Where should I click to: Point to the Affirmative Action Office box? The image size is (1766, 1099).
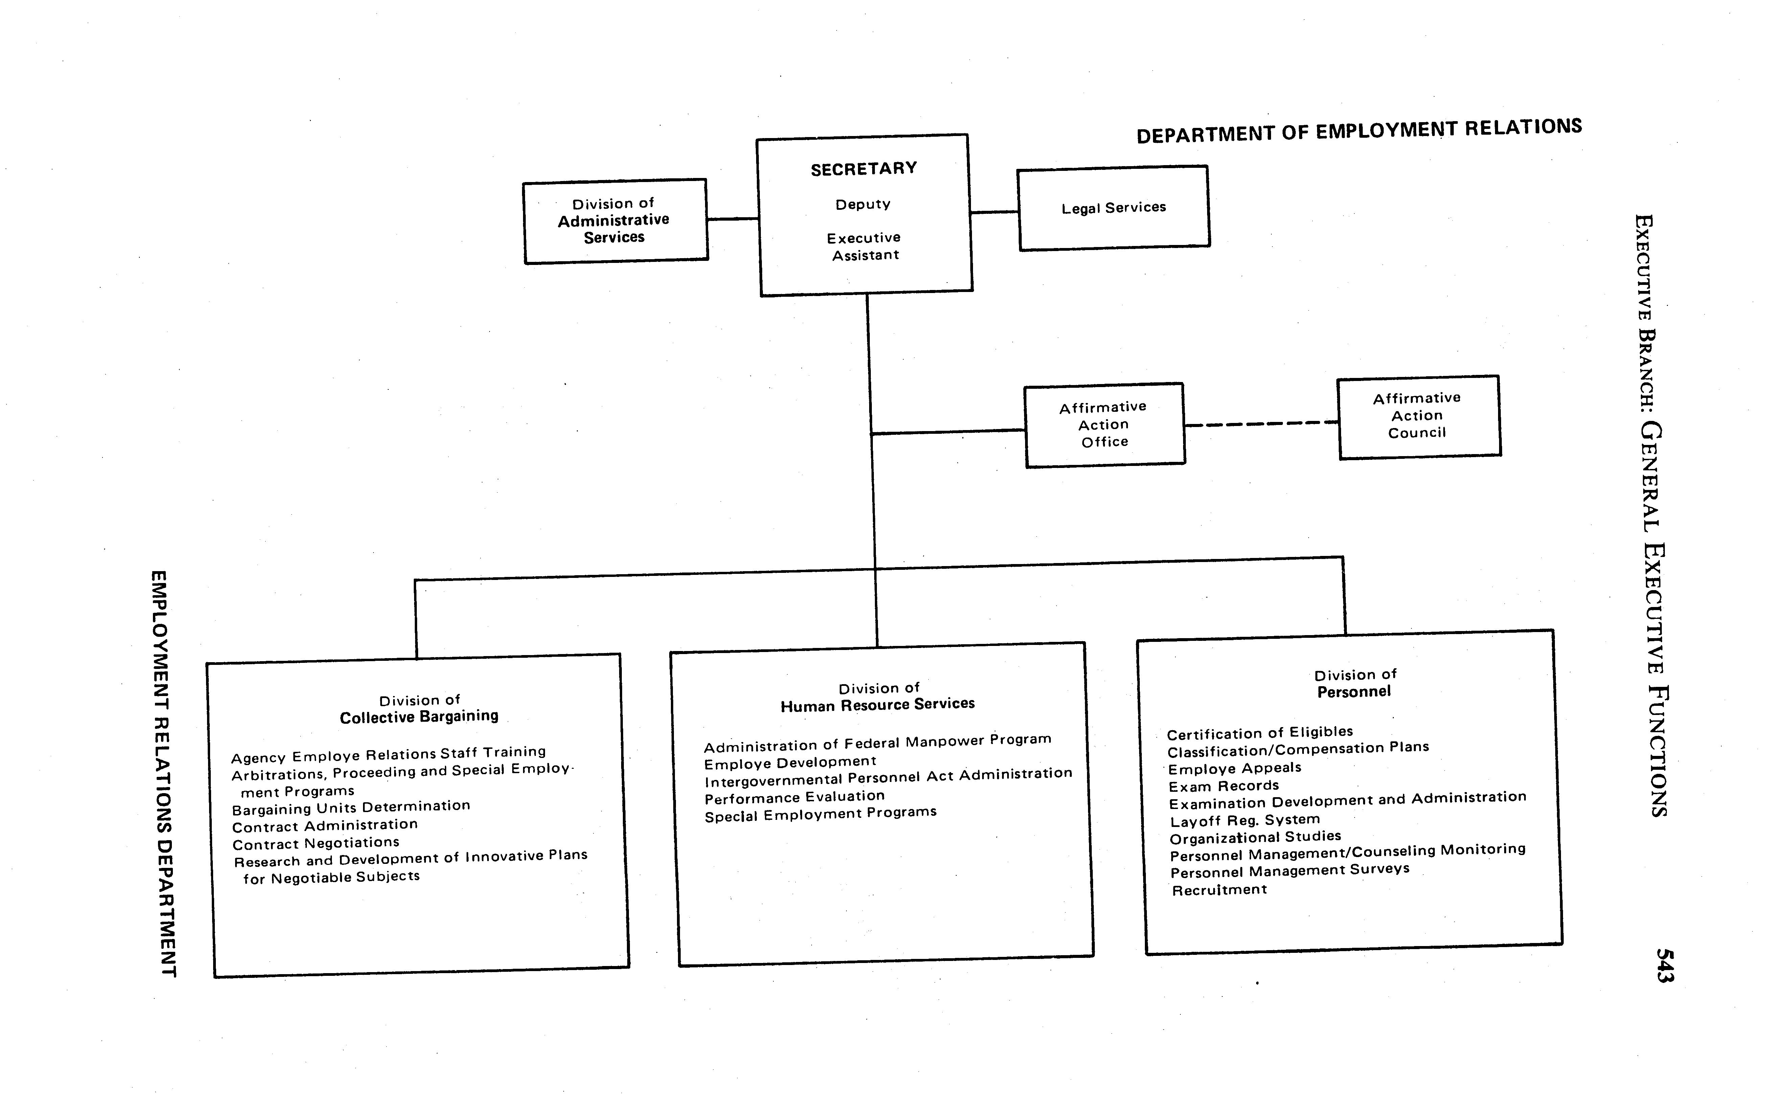point(1104,425)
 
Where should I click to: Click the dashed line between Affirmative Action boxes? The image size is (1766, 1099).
point(1261,424)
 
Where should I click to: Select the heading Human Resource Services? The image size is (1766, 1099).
point(878,704)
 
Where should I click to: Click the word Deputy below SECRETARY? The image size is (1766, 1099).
point(863,204)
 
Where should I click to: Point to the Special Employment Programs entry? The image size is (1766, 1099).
point(820,814)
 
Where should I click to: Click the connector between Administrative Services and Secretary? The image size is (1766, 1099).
point(732,218)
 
